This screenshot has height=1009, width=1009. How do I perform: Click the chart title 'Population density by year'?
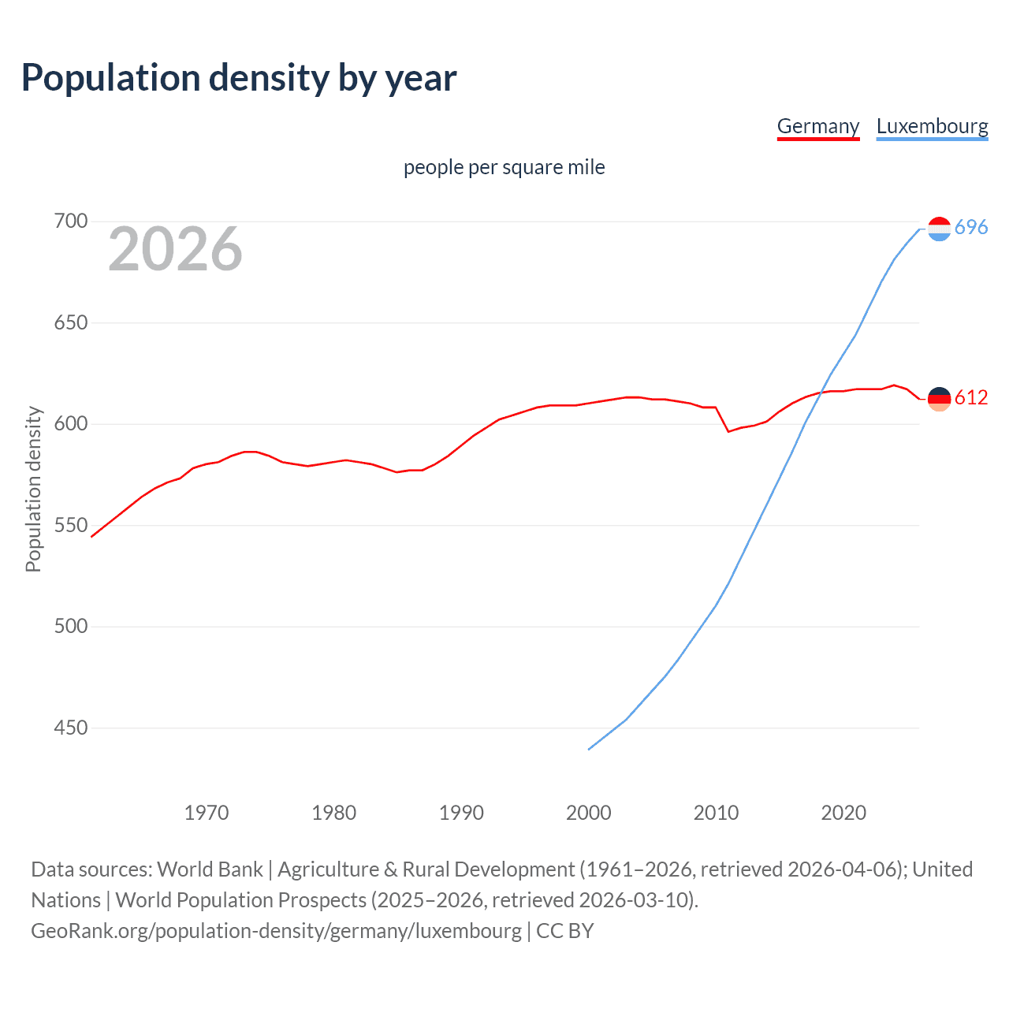pyautogui.click(x=239, y=78)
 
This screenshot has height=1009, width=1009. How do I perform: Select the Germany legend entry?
pyautogui.click(x=817, y=126)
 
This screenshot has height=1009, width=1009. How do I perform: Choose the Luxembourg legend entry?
pyautogui.click(x=932, y=126)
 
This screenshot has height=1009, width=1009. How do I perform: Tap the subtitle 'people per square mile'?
pyautogui.click(x=504, y=167)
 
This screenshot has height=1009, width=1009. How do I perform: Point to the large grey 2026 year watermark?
pyautogui.click(x=175, y=249)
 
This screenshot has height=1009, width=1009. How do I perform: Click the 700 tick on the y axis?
pyautogui.click(x=70, y=222)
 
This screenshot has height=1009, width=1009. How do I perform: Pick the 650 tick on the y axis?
pyautogui.click(x=70, y=322)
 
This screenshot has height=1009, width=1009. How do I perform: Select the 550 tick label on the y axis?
pyautogui.click(x=70, y=525)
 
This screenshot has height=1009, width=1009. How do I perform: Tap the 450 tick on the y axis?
pyautogui.click(x=70, y=728)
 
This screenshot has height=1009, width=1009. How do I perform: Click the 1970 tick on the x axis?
pyautogui.click(x=207, y=813)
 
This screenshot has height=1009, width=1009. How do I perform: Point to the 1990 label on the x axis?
pyautogui.click(x=461, y=813)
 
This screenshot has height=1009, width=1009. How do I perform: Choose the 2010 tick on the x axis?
pyautogui.click(x=716, y=813)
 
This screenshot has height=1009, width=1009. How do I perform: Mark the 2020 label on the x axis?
pyautogui.click(x=843, y=813)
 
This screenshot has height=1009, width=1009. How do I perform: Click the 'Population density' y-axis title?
pyautogui.click(x=33, y=489)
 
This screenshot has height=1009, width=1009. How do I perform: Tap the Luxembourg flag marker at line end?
pyautogui.click(x=939, y=229)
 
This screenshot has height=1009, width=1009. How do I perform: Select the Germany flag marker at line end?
pyautogui.click(x=939, y=399)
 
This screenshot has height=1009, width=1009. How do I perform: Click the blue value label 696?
pyautogui.click(x=971, y=228)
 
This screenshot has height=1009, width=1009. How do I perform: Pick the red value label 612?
pyautogui.click(x=971, y=398)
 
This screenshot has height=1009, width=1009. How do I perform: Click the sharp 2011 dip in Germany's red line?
pyautogui.click(x=728, y=431)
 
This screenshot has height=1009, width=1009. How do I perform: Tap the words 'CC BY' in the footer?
pyautogui.click(x=564, y=931)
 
